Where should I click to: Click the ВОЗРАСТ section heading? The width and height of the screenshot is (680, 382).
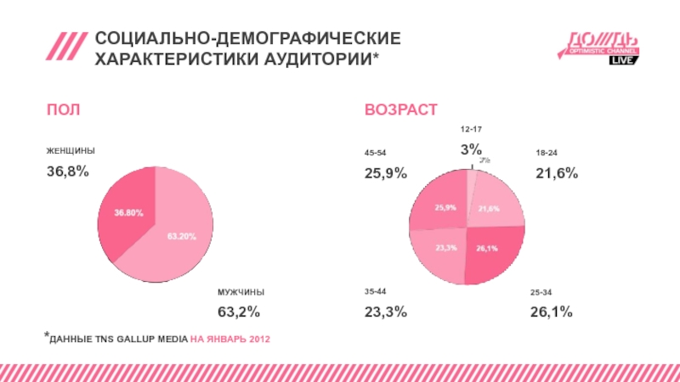(401, 111)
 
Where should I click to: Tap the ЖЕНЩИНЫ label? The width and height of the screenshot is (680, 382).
(71, 150)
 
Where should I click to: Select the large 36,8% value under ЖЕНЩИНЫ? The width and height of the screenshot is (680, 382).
(67, 171)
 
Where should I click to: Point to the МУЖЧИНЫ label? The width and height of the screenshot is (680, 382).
(241, 291)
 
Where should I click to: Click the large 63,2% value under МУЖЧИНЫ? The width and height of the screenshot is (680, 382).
(239, 312)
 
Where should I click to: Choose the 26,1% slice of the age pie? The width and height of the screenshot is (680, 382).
(489, 252)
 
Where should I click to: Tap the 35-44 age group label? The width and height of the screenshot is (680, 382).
(375, 291)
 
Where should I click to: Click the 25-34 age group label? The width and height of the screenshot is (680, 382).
(541, 291)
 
